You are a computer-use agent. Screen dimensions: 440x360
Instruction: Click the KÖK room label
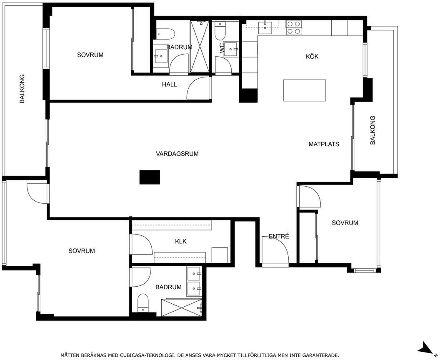(312, 56)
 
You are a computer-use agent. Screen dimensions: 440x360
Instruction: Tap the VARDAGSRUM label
(177, 154)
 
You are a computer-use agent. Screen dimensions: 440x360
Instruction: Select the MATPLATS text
(324, 144)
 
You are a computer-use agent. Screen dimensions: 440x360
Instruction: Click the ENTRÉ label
(279, 237)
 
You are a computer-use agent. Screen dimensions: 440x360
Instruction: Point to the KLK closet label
(181, 241)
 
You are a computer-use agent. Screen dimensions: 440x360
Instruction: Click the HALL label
(170, 85)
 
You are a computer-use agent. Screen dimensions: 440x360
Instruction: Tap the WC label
(222, 48)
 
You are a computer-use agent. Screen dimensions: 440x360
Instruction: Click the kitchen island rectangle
(305, 90)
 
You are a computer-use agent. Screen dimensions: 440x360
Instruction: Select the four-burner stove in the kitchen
(293, 27)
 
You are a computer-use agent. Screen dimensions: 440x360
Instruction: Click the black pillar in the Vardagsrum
(150, 177)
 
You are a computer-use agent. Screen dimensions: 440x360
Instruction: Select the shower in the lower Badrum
(182, 308)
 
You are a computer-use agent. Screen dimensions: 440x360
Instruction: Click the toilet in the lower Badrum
(143, 303)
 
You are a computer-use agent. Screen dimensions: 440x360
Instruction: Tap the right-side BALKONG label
(372, 130)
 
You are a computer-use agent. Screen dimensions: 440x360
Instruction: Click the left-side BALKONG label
(22, 89)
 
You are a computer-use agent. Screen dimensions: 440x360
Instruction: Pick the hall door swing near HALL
(198, 88)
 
